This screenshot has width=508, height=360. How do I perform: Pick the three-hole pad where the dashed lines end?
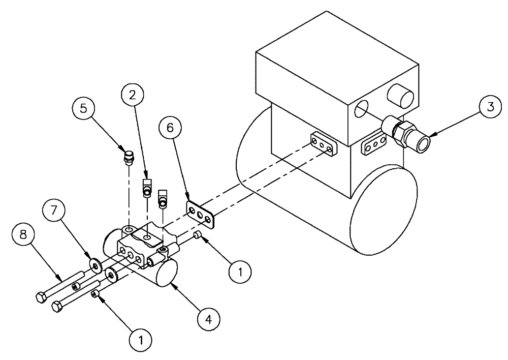click(x=323, y=143)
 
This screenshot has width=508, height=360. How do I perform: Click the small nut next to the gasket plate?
click(x=197, y=234)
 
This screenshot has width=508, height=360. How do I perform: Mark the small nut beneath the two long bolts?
click(x=94, y=295)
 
